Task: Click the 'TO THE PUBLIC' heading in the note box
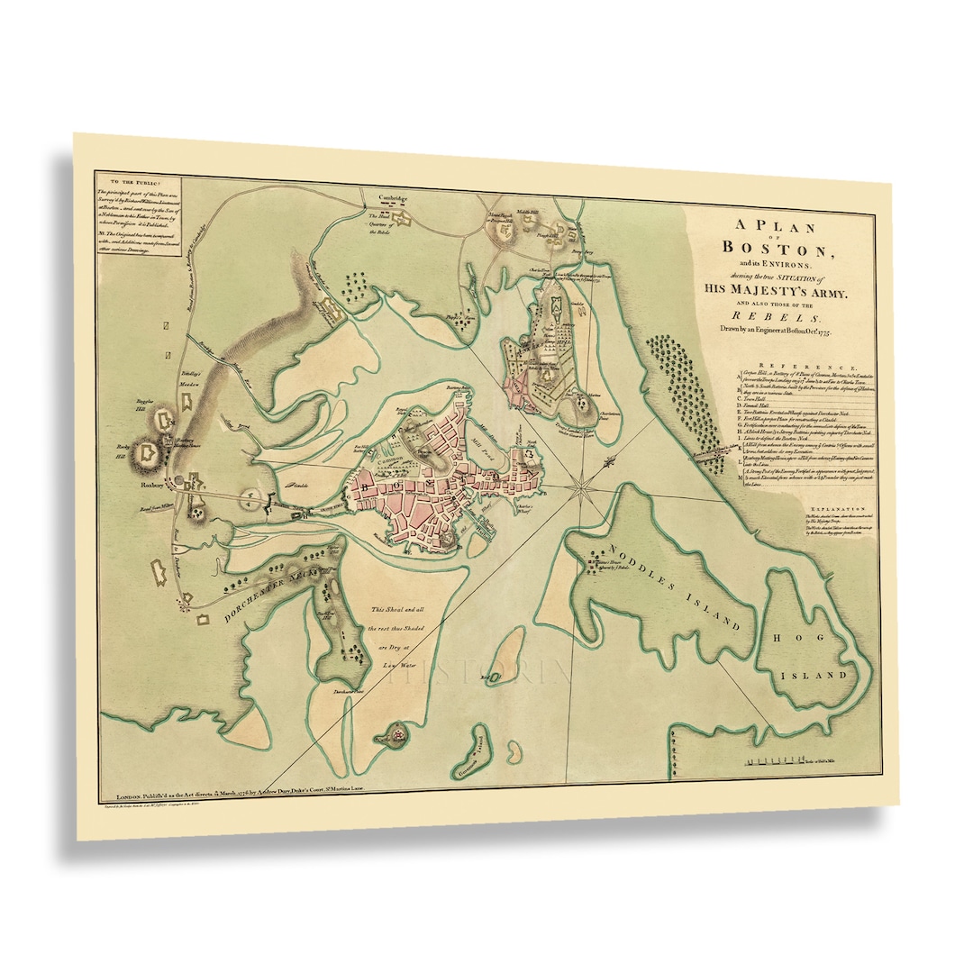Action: point(126,179)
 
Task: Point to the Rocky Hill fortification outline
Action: point(147,456)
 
